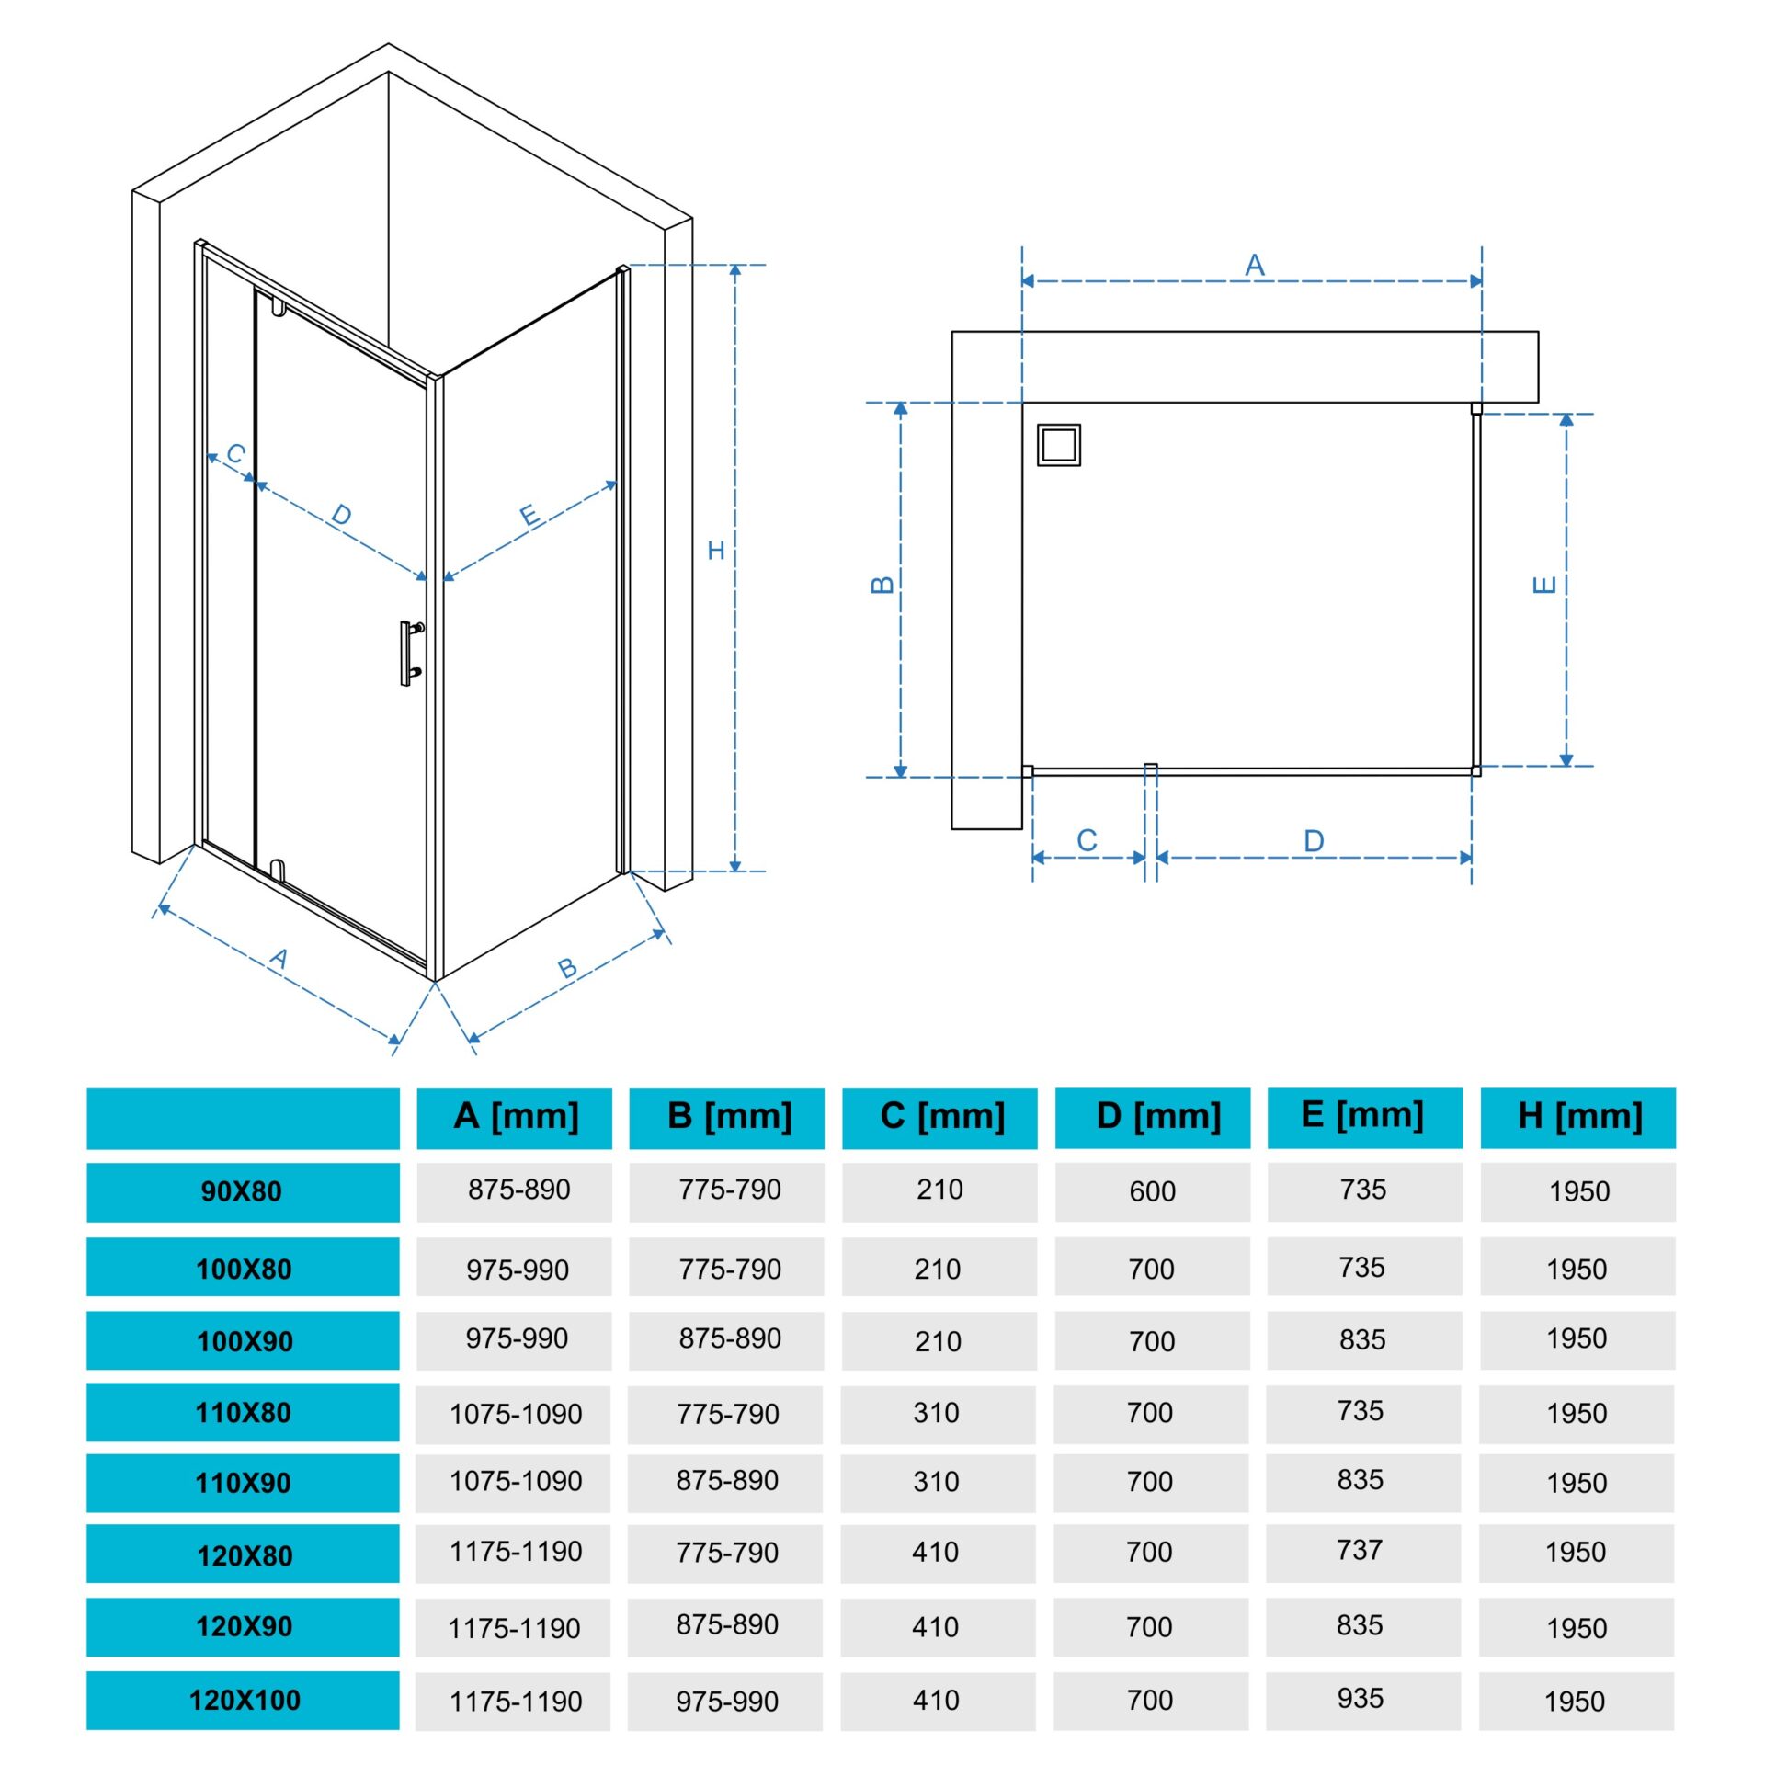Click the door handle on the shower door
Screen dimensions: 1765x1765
[410, 653]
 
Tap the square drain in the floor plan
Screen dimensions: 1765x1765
[1059, 445]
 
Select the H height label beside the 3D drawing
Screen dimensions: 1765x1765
[716, 551]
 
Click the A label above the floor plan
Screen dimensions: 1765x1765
[1255, 266]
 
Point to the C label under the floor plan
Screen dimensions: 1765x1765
[1087, 840]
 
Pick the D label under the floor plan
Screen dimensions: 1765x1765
[1314, 841]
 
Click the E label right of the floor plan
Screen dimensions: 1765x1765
[1545, 585]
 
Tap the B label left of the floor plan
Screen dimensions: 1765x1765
[882, 586]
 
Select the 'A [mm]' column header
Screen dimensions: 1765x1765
[515, 1117]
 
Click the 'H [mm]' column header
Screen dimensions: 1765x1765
[1578, 1117]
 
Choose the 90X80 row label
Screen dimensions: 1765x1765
[243, 1192]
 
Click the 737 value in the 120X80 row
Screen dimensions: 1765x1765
[1360, 1550]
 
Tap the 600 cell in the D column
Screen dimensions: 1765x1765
[1153, 1191]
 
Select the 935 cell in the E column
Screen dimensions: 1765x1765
[1361, 1699]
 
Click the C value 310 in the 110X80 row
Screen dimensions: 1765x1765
[937, 1413]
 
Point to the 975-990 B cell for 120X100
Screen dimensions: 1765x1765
[727, 1702]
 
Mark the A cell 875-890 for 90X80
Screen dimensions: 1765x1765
[519, 1190]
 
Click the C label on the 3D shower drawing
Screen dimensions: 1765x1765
[236, 454]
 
